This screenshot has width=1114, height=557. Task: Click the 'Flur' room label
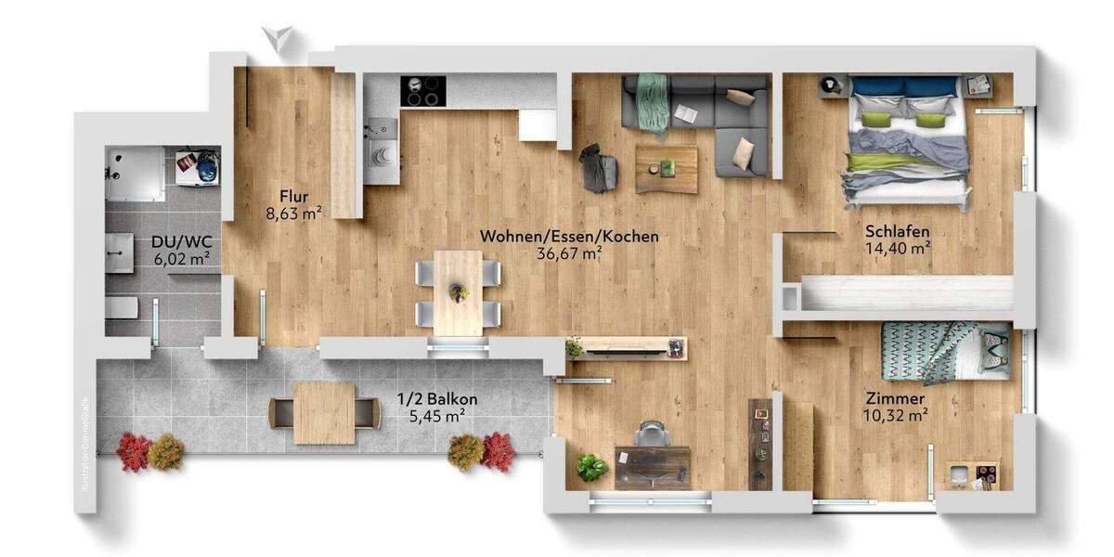pos(293,195)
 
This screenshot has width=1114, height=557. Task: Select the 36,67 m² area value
pos(569,252)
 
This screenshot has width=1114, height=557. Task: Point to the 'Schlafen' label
pos(897,231)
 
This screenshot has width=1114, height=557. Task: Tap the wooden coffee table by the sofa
pos(667,169)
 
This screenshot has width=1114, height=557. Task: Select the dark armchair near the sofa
pos(598,169)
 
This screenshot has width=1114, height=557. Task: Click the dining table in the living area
pos(459,291)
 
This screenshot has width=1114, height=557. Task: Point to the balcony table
pos(324,413)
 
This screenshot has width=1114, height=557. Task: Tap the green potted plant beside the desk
pos(591,467)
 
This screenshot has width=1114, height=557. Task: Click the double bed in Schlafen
pos(906,139)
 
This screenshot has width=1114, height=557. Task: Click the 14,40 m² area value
pos(897,248)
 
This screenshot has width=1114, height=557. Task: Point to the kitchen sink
pos(381,153)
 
